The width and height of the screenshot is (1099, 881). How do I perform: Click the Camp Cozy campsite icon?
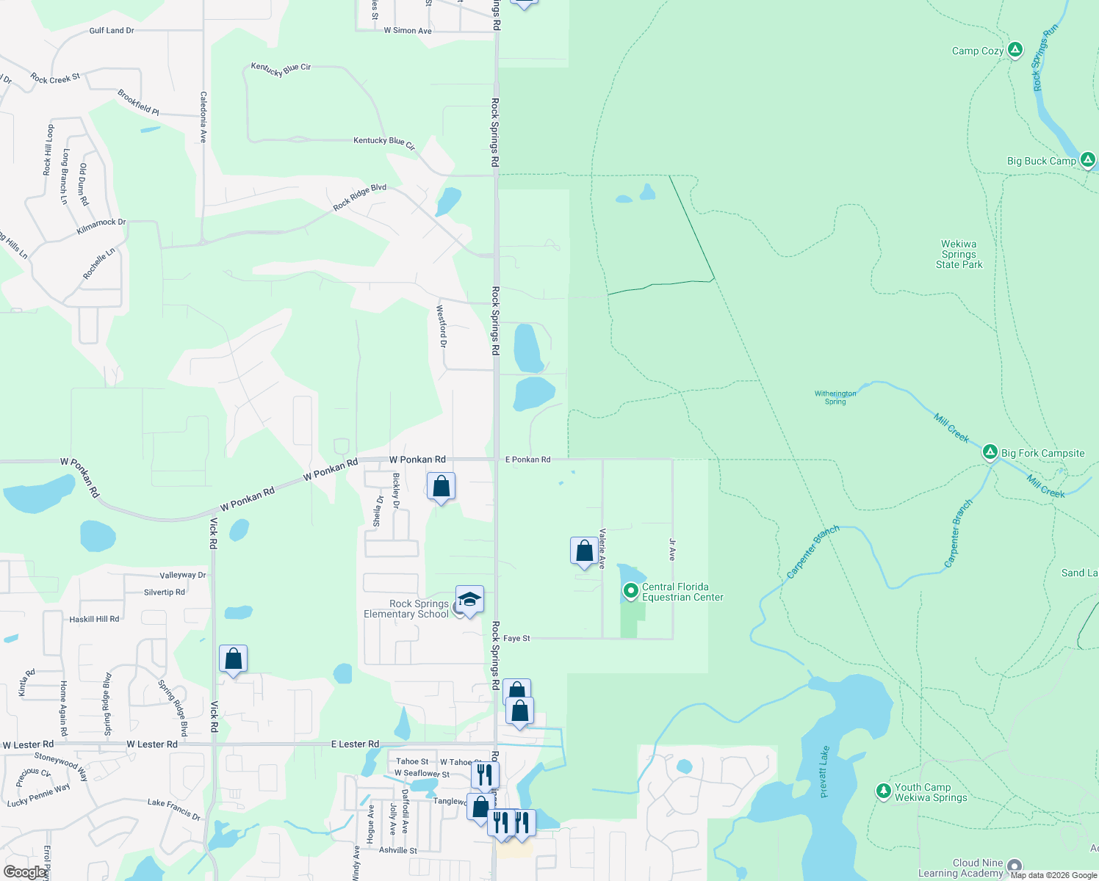pos(1015,50)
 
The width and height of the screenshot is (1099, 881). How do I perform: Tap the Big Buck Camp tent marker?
pos(1088,159)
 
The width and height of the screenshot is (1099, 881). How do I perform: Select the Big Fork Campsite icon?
pos(990,452)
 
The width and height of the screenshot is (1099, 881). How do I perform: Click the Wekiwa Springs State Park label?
pos(959,254)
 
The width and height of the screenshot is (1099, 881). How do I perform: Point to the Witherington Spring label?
pos(835,397)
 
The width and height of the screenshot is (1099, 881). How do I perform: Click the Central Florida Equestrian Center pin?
pos(630,590)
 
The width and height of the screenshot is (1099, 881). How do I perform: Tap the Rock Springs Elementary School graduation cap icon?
pos(469,600)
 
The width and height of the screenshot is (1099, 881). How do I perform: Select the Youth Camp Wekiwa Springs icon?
pos(883,791)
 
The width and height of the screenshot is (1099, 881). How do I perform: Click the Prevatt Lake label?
pos(824,772)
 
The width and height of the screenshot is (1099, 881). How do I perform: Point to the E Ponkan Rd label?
pos(527,460)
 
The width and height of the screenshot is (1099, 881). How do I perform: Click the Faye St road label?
pos(516,639)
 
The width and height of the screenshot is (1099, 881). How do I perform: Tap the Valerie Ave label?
pos(602,548)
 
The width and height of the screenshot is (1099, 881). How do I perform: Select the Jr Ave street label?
pos(672,550)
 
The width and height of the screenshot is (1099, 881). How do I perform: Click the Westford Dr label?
pos(442,326)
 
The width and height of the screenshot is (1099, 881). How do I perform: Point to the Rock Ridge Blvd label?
pos(359,197)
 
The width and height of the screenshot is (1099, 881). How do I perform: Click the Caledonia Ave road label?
pos(203,117)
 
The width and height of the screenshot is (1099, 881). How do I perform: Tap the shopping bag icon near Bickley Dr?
pos(441,486)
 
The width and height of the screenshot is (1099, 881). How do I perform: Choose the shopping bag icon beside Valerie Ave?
pos(584,551)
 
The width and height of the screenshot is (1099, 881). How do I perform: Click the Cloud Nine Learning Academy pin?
pos(1015,866)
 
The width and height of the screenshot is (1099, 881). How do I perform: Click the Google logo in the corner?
pos(25,872)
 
